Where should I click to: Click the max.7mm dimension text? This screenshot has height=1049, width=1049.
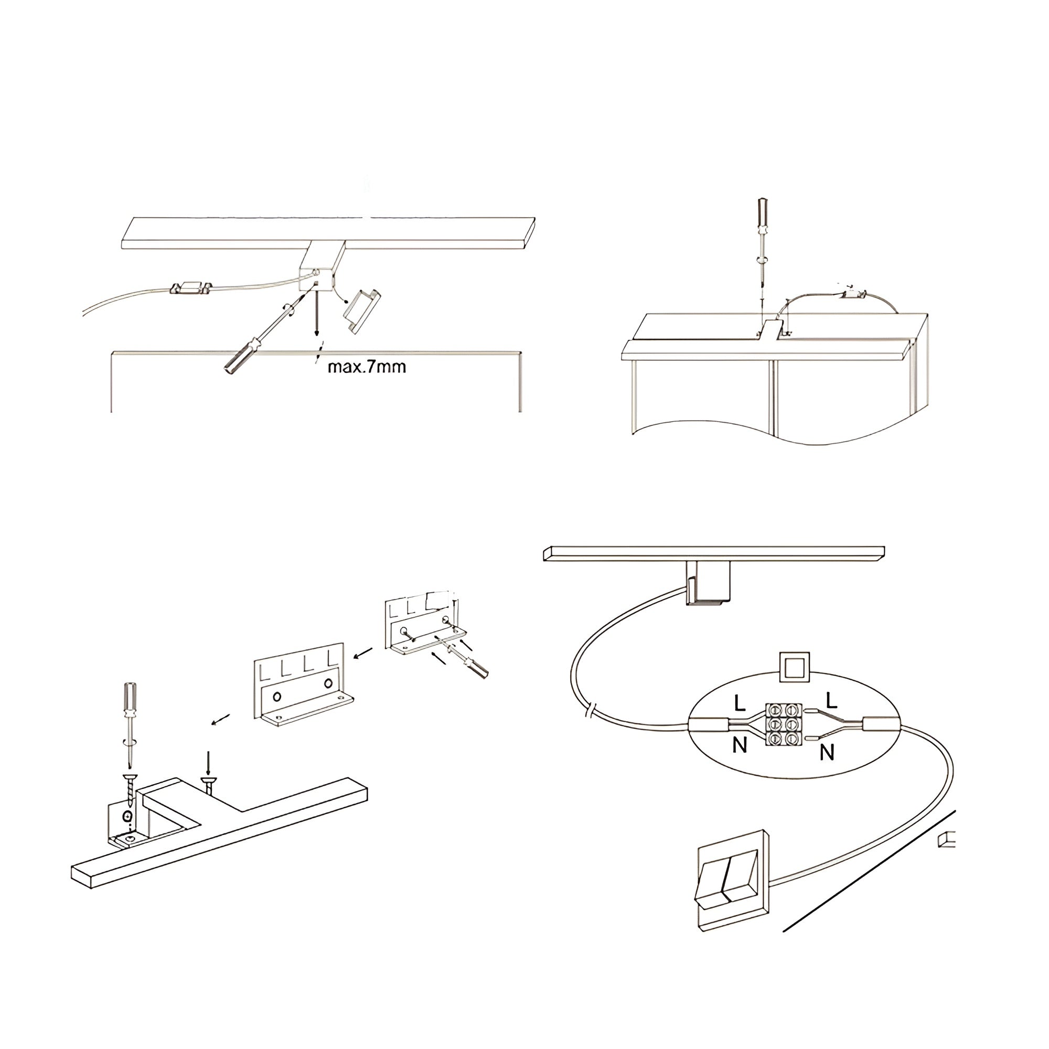pyautogui.click(x=367, y=367)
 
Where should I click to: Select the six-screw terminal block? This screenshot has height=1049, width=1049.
pyautogui.click(x=784, y=724)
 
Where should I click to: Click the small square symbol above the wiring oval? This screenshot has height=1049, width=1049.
pyautogui.click(x=794, y=667)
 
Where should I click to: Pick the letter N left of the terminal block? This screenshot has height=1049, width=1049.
pyautogui.click(x=740, y=745)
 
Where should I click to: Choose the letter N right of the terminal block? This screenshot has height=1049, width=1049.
pyautogui.click(x=827, y=753)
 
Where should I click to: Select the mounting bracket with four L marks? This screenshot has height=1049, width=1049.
pyautogui.click(x=304, y=683)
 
